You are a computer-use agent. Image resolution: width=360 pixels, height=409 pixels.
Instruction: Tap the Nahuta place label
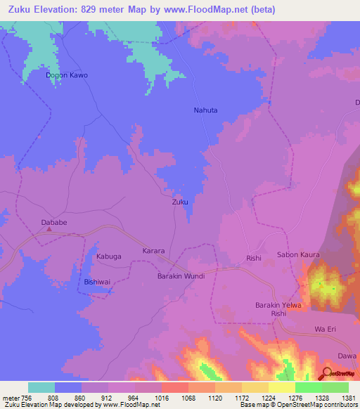pyautogui.click(x=205, y=110)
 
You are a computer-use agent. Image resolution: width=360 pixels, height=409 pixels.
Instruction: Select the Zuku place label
pyautogui.click(x=180, y=202)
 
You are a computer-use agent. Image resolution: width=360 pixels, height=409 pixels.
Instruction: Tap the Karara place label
pyautogui.click(x=153, y=251)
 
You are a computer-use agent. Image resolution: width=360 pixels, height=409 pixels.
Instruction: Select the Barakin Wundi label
pyautogui.click(x=181, y=276)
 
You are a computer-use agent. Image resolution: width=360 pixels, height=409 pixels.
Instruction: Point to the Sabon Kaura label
pyautogui.click(x=298, y=254)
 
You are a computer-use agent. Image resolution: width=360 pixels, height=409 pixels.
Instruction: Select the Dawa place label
pyautogui.click(x=346, y=356)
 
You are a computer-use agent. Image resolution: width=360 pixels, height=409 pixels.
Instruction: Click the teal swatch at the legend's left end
pyautogui.click(x=41, y=387)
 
